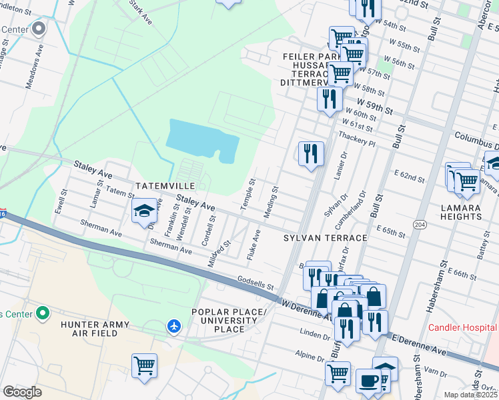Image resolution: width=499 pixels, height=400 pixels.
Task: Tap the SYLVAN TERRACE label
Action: pyautogui.click(x=326, y=238)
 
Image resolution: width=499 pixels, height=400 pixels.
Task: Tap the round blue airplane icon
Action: pyautogui.click(x=174, y=326)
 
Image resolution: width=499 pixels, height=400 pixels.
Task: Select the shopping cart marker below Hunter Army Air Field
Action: pyautogui.click(x=144, y=365)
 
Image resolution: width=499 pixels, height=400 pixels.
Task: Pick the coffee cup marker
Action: pyautogui.click(x=368, y=381)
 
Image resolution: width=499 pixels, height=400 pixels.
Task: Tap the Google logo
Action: pyautogui.click(x=22, y=392)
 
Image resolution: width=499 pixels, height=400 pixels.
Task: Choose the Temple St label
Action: pyautogui.click(x=248, y=194)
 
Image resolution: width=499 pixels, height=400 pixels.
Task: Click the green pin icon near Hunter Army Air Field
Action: pyautogui.click(x=43, y=312)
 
